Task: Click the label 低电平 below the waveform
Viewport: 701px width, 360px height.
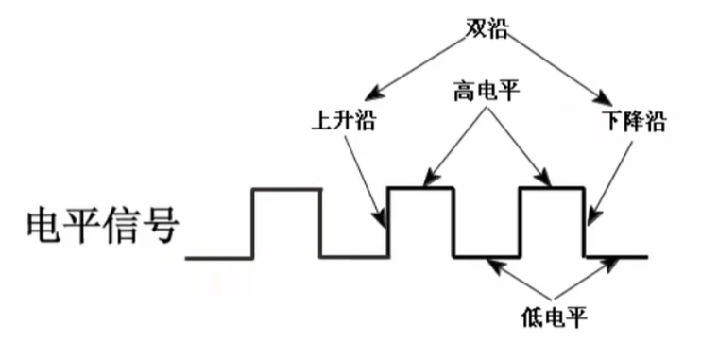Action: (x=554, y=315)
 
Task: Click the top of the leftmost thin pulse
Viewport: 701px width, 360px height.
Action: (x=285, y=190)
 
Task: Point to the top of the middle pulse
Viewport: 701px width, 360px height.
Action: (x=421, y=189)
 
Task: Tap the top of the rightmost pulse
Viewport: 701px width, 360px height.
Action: (x=552, y=189)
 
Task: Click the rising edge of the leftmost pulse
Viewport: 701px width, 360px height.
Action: (x=252, y=223)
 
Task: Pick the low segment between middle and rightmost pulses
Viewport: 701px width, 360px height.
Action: (x=487, y=256)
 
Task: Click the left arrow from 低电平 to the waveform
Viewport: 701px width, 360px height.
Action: (x=515, y=279)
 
